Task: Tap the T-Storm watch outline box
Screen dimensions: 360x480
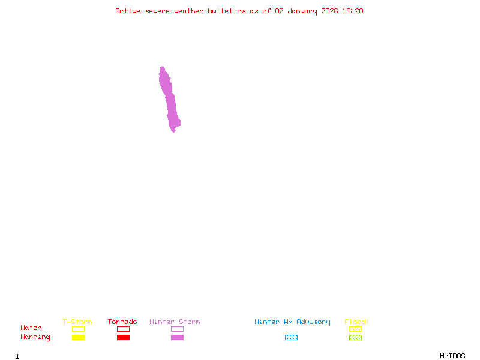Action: pos(78,329)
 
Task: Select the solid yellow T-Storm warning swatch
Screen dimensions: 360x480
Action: pos(78,337)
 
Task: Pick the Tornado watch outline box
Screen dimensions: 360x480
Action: pos(123,329)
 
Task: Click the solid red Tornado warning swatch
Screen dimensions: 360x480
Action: pos(123,337)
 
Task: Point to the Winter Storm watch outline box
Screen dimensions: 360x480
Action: pos(177,329)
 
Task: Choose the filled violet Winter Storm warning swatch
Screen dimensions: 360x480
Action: pos(177,337)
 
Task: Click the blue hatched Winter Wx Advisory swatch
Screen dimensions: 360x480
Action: pos(291,337)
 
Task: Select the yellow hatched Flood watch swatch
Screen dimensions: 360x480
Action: pos(355,329)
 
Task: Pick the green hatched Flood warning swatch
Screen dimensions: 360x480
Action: pos(355,337)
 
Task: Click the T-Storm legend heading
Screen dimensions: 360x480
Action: pos(77,322)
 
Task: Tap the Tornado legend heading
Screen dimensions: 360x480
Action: pos(122,322)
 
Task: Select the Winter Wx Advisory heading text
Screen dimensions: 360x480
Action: pos(292,322)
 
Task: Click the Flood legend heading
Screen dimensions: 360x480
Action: pos(355,322)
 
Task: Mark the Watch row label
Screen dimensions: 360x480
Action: pos(31,328)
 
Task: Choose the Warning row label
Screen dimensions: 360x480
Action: pos(35,337)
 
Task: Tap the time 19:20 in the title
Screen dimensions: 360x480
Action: pos(352,11)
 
